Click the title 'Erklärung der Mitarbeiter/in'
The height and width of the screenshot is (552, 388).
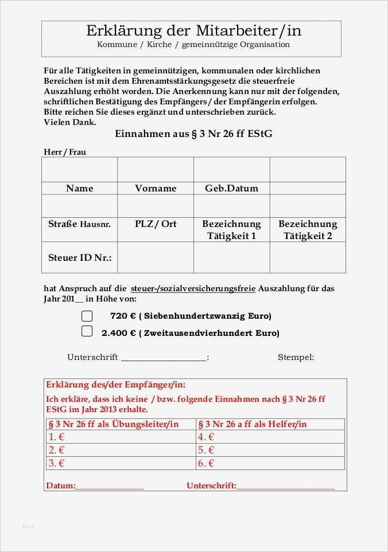[193, 31]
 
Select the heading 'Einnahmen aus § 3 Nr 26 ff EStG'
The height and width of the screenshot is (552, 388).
[193, 134]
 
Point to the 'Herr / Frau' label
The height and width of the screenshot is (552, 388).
[65, 152]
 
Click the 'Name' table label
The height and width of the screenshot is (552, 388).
[79, 188]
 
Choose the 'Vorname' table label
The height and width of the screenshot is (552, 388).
[156, 188]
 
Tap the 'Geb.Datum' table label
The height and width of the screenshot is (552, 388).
[231, 188]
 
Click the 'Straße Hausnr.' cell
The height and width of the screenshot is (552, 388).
[79, 224]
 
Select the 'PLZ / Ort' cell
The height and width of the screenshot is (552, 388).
[156, 224]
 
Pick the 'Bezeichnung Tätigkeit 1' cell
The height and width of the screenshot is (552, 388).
[231, 229]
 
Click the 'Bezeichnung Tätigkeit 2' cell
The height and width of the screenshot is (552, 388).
[308, 229]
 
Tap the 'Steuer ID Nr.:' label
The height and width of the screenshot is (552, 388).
[79, 257]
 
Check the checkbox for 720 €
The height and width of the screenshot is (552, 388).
[87, 316]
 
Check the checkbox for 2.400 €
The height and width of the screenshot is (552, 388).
[87, 331]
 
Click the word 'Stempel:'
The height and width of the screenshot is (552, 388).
[296, 357]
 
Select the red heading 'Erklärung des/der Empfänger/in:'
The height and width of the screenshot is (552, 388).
[115, 385]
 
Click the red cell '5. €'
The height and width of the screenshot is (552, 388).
[205, 450]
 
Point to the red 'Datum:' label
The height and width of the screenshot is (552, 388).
[60, 486]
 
